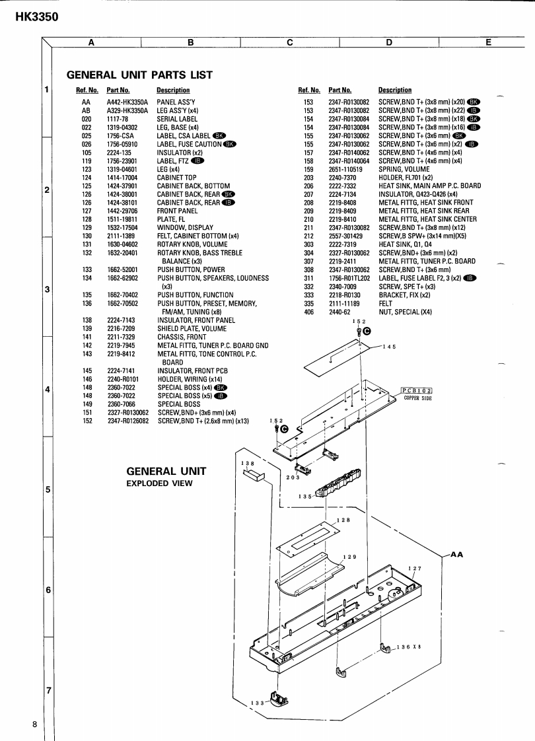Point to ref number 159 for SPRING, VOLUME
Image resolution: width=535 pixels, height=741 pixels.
pyautogui.click(x=307, y=168)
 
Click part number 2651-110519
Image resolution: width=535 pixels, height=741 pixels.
pyautogui.click(x=345, y=168)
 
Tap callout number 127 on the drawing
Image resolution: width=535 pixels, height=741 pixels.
pyautogui.click(x=415, y=569)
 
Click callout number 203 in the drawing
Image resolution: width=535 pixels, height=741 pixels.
pyautogui.click(x=293, y=477)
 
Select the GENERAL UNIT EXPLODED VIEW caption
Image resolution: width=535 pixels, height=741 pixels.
pyautogui.click(x=166, y=476)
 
